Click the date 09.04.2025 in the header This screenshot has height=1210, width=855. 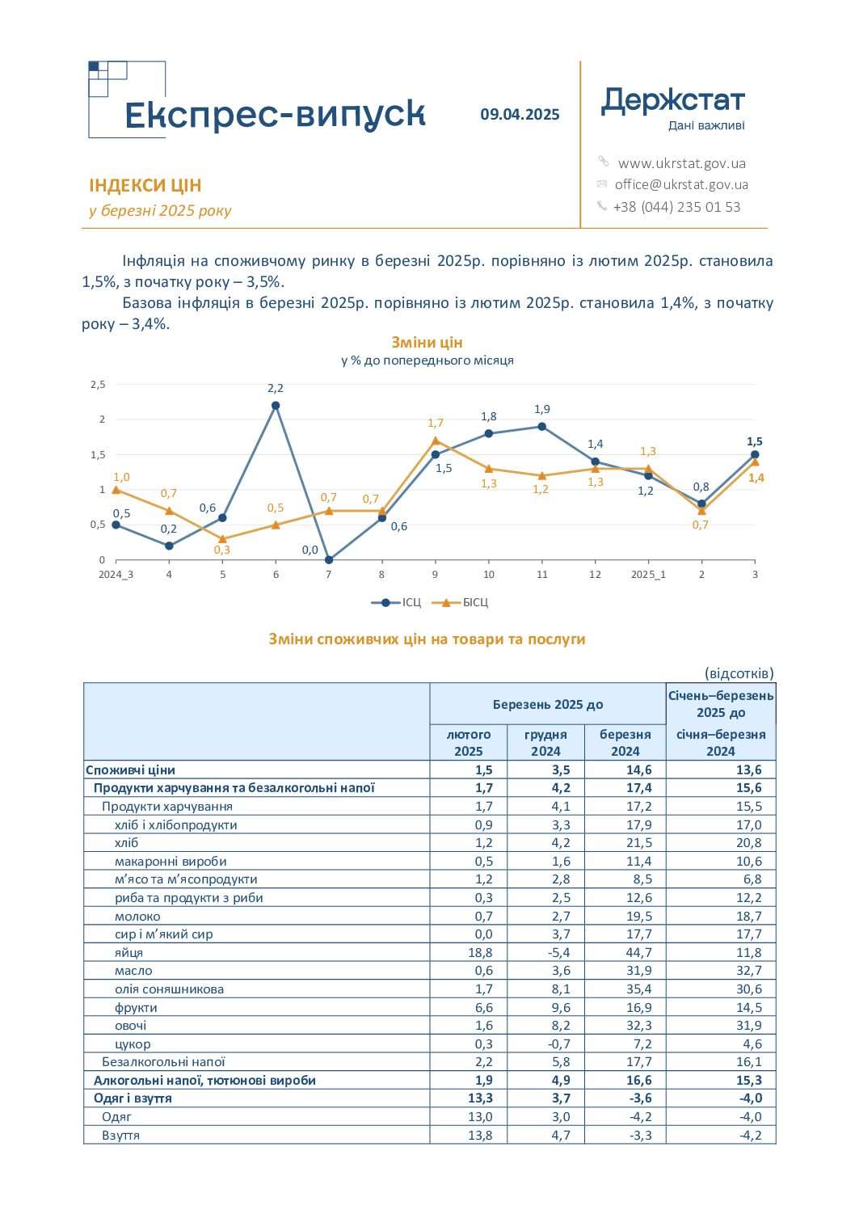520,115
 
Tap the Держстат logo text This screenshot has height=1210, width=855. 673,101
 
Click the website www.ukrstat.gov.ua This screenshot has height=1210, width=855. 681,163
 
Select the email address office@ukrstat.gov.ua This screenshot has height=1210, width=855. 681,185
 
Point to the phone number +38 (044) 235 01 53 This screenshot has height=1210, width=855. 676,207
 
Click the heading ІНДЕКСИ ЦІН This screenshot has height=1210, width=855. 145,185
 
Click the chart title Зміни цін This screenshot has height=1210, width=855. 427,343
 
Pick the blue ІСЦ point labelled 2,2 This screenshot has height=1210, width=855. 276,405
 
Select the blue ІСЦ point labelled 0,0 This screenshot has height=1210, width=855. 329,559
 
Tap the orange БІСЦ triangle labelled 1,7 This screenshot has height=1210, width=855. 436,441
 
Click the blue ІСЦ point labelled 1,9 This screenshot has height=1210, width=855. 542,426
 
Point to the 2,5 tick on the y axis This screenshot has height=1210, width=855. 98,385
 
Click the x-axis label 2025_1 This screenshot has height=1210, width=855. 648,574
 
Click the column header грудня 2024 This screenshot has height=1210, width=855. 545,742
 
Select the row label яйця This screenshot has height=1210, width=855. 128,952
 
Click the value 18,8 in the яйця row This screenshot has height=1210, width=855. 480,952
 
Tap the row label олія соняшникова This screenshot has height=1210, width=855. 169,989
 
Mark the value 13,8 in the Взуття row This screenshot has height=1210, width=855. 480,1135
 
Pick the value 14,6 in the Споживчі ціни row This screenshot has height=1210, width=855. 639,769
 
